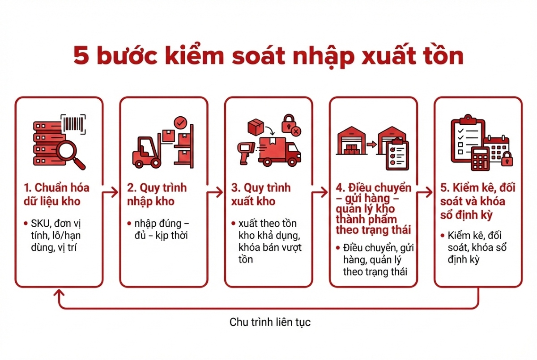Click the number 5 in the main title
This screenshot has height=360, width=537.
(x=82, y=57)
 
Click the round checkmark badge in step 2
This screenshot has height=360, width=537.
(x=180, y=122)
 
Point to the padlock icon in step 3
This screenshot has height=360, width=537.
(x=289, y=124)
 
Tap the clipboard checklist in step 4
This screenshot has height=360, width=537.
(x=397, y=155)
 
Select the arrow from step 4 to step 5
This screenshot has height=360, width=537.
(x=426, y=193)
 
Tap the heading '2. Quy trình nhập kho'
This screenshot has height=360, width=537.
(x=157, y=194)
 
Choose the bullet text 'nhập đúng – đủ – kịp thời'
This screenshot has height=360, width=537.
(x=161, y=229)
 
